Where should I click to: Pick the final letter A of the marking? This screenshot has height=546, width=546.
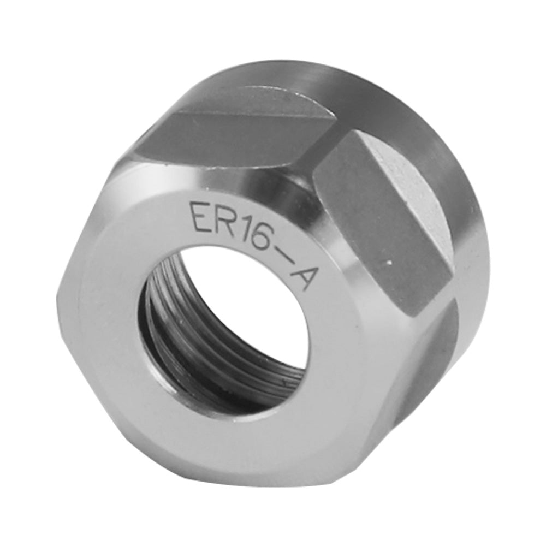[x=304, y=276]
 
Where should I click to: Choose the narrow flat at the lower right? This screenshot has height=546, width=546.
[x=431, y=360]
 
